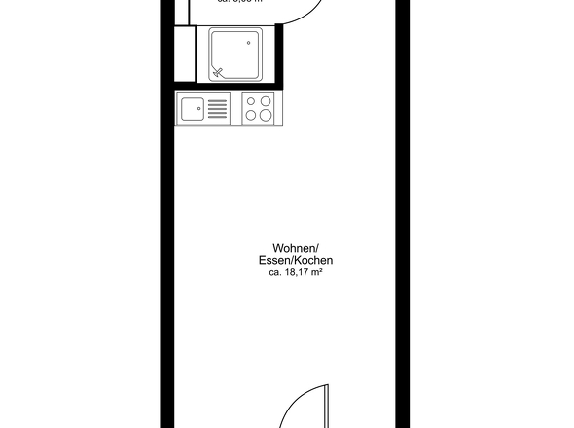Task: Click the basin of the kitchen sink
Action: coord(191,109)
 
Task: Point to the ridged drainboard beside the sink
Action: coord(217,109)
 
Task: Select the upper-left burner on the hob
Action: coord(251,101)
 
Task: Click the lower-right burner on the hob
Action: coord(266,115)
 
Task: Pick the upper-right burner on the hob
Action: coord(266,101)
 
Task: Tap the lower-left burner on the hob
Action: coord(251,116)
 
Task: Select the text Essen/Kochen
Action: coord(297,261)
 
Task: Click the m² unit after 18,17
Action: coord(316,273)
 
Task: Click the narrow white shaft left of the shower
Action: coord(182,54)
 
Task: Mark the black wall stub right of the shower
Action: coord(275,56)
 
